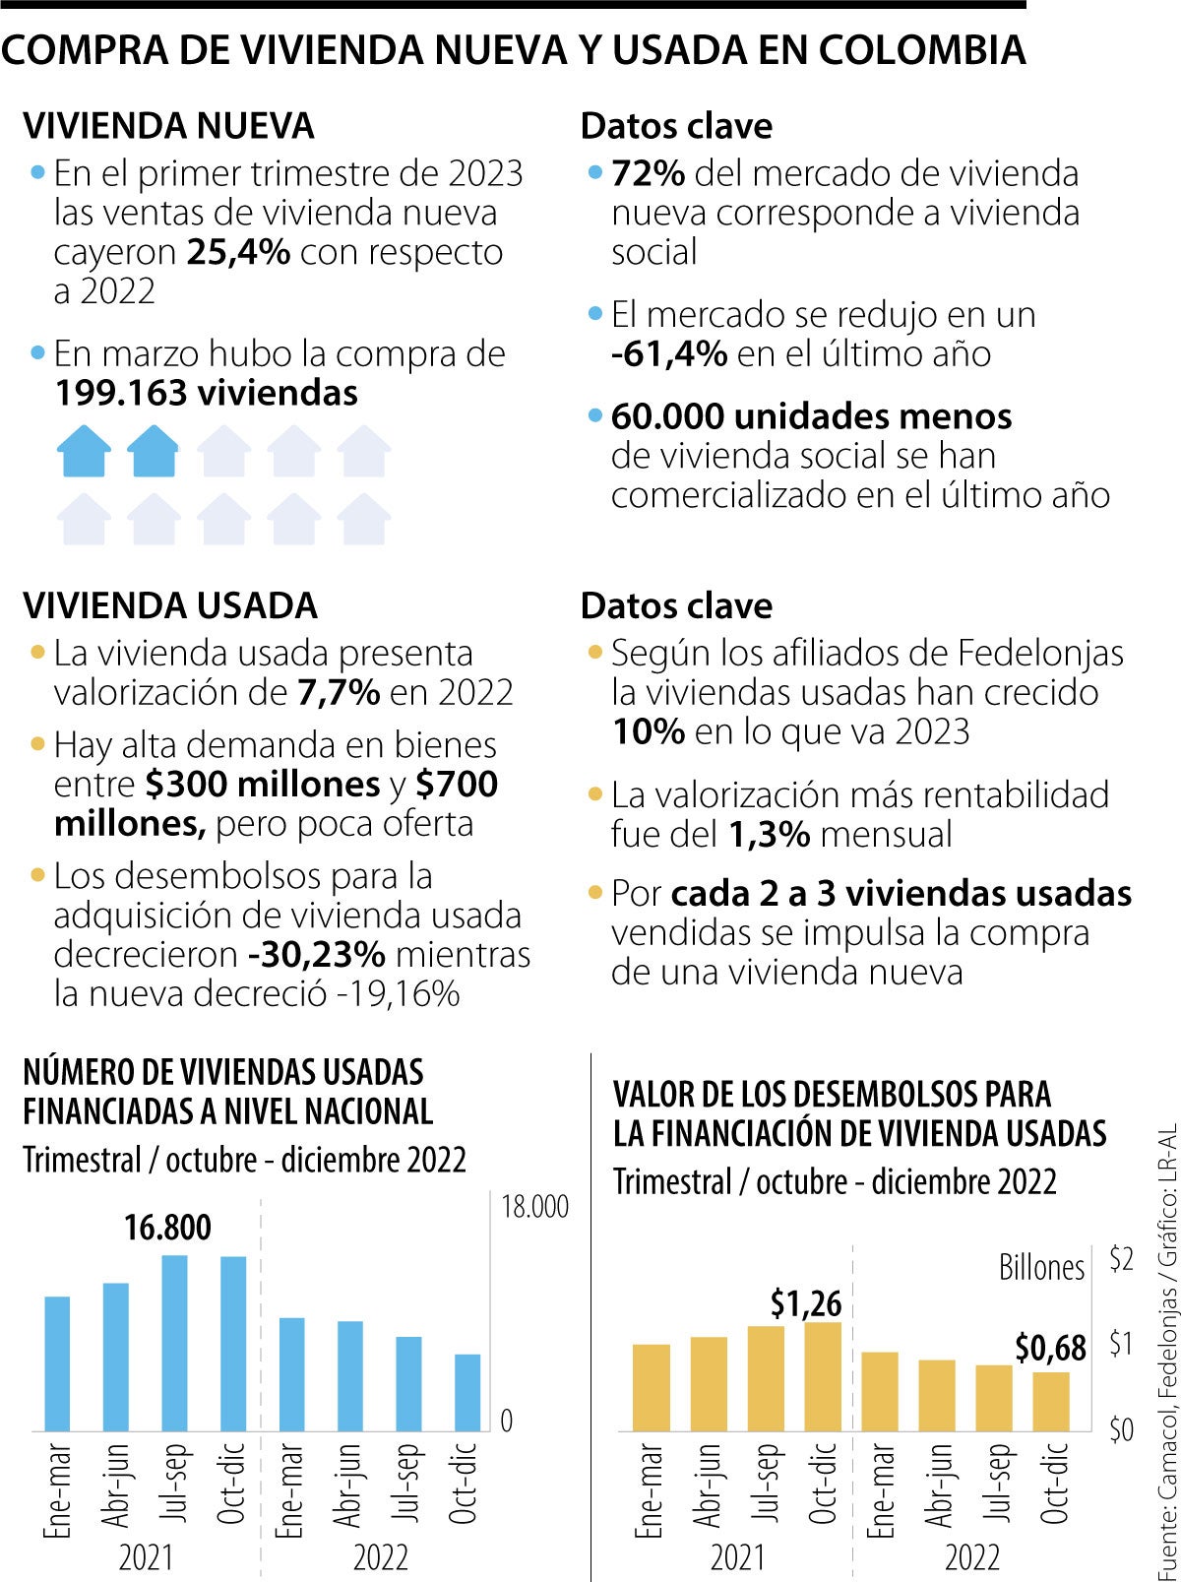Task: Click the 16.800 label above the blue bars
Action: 167,1228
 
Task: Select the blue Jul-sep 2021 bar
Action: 175,1343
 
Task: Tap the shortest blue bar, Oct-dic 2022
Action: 467,1393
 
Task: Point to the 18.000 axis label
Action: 535,1207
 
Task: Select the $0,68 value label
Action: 1050,1349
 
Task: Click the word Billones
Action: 1041,1267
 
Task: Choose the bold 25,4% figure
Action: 238,252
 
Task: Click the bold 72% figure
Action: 648,173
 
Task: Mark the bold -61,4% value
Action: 669,353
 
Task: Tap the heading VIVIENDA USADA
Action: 170,605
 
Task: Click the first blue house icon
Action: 84,452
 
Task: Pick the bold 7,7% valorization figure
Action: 339,693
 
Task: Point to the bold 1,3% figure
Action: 770,835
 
